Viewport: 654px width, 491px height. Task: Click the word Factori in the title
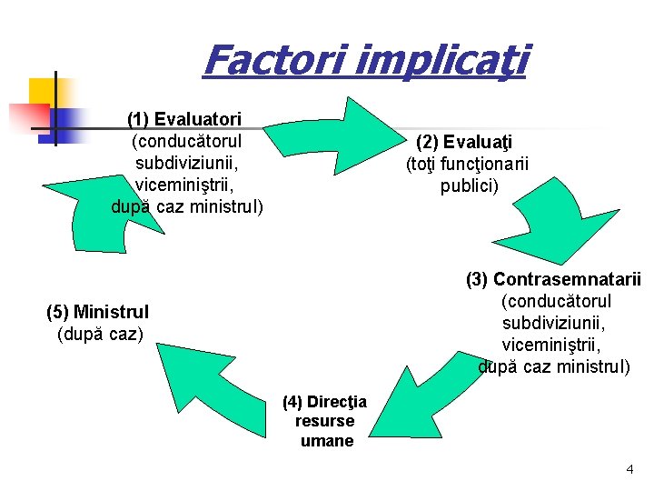click(271, 60)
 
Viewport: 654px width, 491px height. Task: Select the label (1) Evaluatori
click(184, 119)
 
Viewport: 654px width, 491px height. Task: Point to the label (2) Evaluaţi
click(464, 143)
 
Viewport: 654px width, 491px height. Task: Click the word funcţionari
click(487, 165)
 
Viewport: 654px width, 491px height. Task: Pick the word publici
click(470, 186)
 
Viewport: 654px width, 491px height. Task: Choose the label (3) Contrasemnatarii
click(553, 279)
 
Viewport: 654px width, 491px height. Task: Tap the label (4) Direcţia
click(324, 402)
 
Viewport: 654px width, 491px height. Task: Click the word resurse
click(324, 422)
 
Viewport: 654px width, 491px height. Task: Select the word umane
click(326, 441)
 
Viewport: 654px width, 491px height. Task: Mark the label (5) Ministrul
click(97, 313)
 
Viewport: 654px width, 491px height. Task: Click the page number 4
click(629, 469)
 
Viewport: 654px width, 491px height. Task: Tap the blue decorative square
click(67, 122)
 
